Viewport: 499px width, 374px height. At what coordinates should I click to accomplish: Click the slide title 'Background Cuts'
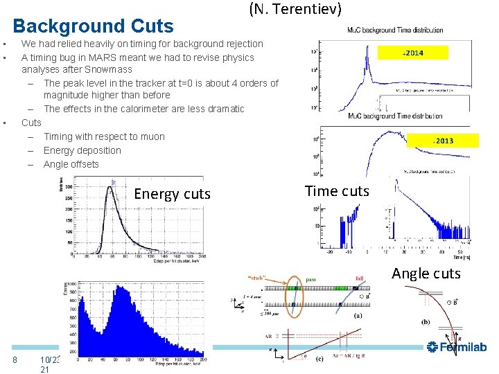click(x=94, y=26)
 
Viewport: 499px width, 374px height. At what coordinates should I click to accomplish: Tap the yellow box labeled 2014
click(x=413, y=53)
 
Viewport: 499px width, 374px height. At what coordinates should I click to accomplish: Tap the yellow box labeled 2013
click(x=443, y=141)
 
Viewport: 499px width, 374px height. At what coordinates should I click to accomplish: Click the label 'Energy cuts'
click(x=172, y=194)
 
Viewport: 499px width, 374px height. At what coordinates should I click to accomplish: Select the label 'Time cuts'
click(x=338, y=191)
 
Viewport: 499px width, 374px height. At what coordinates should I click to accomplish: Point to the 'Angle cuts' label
click(x=426, y=274)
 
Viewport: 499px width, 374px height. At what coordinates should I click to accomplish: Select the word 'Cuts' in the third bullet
click(x=31, y=123)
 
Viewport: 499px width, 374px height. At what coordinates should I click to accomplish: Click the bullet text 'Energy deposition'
click(x=82, y=150)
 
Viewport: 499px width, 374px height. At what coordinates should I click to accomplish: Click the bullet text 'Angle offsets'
click(x=71, y=164)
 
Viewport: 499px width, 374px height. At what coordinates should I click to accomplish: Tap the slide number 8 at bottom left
click(x=15, y=359)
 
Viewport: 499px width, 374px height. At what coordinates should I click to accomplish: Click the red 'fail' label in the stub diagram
click(x=360, y=278)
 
